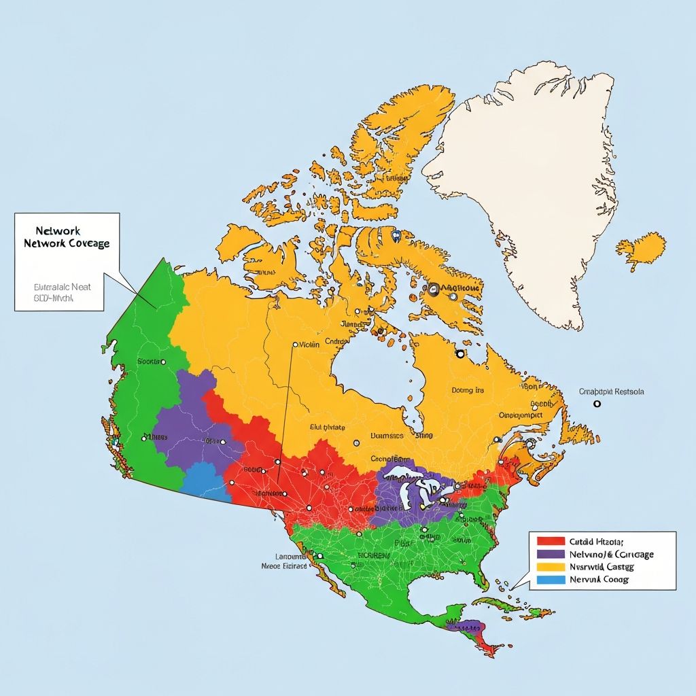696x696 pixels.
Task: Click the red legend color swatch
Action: (x=551, y=541)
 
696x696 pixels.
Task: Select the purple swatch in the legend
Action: (x=551, y=554)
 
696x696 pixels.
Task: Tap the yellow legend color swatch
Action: (x=551, y=567)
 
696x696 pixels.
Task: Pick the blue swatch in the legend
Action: (x=551, y=580)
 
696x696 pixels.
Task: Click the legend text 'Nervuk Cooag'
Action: (x=599, y=580)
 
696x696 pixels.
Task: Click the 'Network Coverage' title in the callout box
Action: (x=66, y=243)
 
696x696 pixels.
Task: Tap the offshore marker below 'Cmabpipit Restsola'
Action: (x=597, y=404)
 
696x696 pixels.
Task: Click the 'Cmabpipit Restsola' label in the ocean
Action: (x=611, y=391)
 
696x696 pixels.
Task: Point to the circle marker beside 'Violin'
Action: (x=294, y=345)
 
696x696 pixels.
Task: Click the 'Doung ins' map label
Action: (x=468, y=391)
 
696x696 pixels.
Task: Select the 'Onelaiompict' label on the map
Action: (x=521, y=415)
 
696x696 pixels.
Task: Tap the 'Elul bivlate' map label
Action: (x=328, y=428)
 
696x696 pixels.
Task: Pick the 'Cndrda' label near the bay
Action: (x=336, y=341)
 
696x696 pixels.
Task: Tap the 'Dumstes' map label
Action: (x=387, y=436)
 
